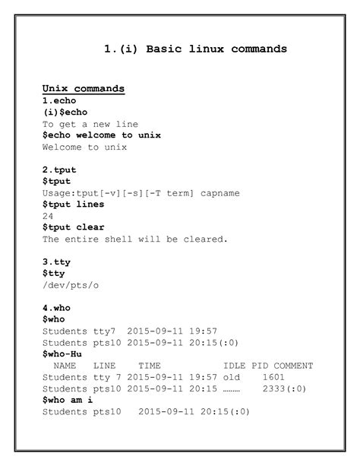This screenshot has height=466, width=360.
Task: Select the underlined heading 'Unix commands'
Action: tap(84, 89)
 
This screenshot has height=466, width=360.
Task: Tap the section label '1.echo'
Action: tap(59, 100)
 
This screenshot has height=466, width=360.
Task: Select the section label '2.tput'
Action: tap(59, 170)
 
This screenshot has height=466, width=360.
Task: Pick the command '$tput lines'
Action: tap(74, 204)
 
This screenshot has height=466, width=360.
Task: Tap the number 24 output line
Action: tap(48, 216)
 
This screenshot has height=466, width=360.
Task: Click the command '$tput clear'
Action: tap(74, 227)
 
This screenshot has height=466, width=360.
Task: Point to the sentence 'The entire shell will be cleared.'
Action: tap(135, 239)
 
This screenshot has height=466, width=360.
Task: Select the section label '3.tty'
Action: tap(56, 262)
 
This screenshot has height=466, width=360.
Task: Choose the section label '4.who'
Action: tap(56, 308)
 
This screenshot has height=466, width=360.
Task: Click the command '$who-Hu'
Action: tap(62, 353)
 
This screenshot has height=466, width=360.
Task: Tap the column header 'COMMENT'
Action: tap(294, 366)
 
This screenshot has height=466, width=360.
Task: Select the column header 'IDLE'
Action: tap(235, 366)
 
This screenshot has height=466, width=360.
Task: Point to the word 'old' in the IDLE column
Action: tap(232, 377)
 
